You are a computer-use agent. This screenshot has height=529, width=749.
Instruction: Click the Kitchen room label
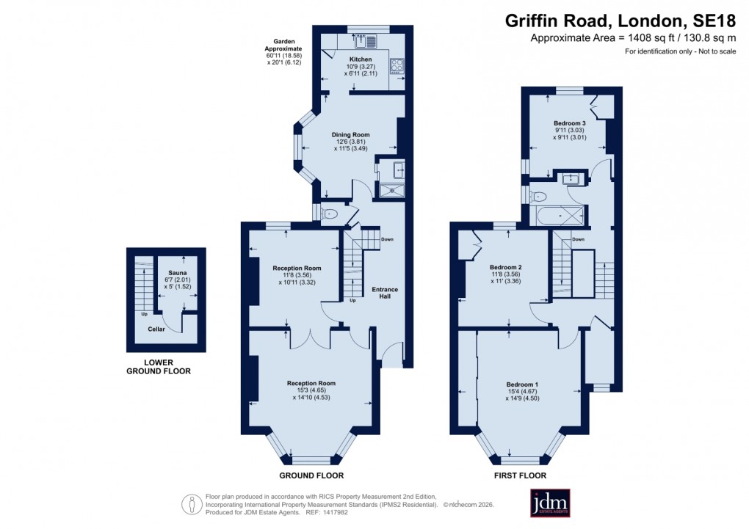pos(361,59)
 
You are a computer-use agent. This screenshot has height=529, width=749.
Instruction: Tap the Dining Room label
pos(350,135)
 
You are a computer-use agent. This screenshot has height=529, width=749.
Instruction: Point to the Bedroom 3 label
pos(569,123)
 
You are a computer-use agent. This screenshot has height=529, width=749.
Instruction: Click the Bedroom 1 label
pos(522,384)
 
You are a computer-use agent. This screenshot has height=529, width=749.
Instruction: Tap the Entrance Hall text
pos(385,293)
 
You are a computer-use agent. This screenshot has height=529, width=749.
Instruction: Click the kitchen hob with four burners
pos(397,66)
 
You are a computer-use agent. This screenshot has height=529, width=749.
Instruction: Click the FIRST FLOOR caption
pos(521,475)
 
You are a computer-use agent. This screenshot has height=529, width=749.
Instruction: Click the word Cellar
pos(156,329)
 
